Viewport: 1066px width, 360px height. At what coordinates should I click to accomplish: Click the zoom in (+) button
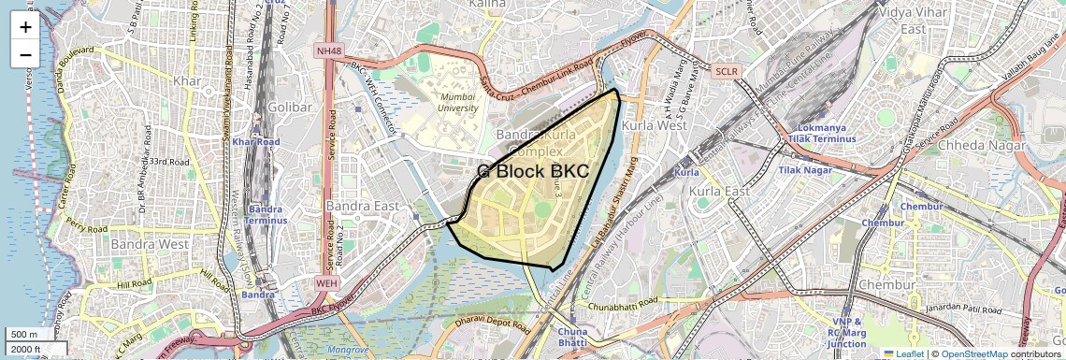tap(25, 26)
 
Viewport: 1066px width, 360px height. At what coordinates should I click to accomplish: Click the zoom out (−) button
tap(25, 54)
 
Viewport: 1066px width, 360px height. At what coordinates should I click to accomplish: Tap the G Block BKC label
tap(533, 172)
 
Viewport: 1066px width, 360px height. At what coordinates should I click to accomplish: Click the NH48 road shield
tap(330, 50)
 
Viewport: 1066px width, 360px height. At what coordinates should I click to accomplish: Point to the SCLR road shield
tap(726, 71)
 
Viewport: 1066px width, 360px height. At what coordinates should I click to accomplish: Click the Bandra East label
tap(363, 206)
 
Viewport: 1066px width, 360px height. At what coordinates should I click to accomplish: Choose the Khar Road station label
tap(256, 142)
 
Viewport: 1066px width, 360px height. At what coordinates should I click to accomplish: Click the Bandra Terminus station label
tap(266, 214)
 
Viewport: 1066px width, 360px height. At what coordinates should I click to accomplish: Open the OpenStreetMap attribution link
tap(973, 354)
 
